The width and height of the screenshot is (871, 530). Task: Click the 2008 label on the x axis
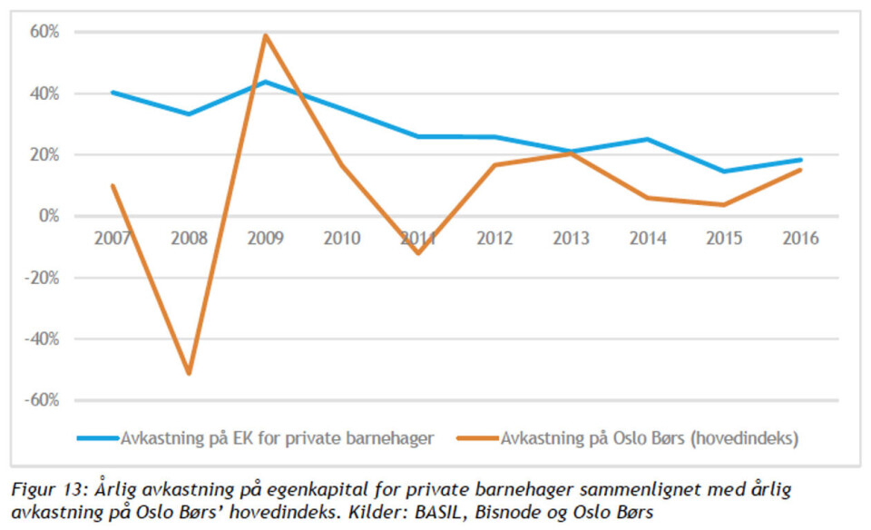point(189,239)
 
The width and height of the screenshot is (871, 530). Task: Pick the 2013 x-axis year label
point(571,239)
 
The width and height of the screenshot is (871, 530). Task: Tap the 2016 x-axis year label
point(799,239)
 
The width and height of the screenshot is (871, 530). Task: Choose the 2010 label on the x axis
point(341,239)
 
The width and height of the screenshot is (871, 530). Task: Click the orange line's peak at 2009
point(265,35)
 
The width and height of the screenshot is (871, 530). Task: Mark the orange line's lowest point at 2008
point(189,373)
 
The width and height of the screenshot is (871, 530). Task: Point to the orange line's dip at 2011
point(418,253)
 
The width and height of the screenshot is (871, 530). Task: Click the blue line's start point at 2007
point(113,92)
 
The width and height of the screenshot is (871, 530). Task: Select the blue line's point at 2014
point(647,139)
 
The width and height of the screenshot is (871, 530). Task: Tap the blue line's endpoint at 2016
point(799,160)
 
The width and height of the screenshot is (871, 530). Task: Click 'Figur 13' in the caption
point(45,490)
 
